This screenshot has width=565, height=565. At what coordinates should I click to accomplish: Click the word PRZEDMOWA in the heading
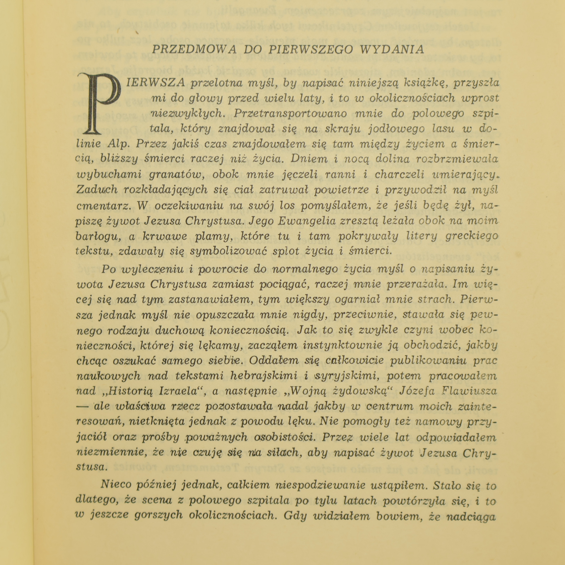194,49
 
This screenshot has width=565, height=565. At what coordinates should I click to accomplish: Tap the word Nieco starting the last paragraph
116,484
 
